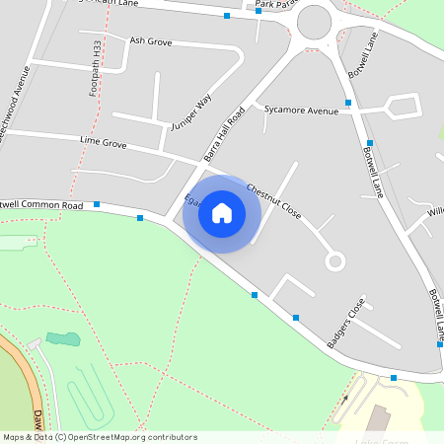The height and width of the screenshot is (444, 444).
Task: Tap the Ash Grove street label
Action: pyautogui.click(x=151, y=41)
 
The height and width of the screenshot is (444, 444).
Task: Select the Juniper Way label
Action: pyautogui.click(x=191, y=113)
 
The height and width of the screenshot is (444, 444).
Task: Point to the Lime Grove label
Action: pyautogui.click(x=104, y=144)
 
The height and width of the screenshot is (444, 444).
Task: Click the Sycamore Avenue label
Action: pyautogui.click(x=301, y=111)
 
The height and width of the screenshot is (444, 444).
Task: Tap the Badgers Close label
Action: pyautogui.click(x=346, y=322)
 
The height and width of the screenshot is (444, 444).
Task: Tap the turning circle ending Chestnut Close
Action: pyautogui.click(x=335, y=261)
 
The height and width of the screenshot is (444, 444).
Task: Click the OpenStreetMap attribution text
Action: pyautogui.click(x=100, y=436)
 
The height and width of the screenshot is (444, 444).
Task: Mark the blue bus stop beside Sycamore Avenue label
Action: pyautogui.click(x=348, y=103)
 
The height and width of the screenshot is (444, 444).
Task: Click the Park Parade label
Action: pyautogui.click(x=275, y=5)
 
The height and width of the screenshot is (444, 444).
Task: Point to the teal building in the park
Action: pyautogui.click(x=63, y=339)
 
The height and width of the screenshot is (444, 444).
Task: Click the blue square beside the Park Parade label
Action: pyautogui.click(x=259, y=11)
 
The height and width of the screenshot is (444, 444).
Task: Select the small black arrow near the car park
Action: pyautogui.click(x=345, y=399)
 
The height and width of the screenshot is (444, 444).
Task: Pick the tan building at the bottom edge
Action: pyautogui.click(x=380, y=419)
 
